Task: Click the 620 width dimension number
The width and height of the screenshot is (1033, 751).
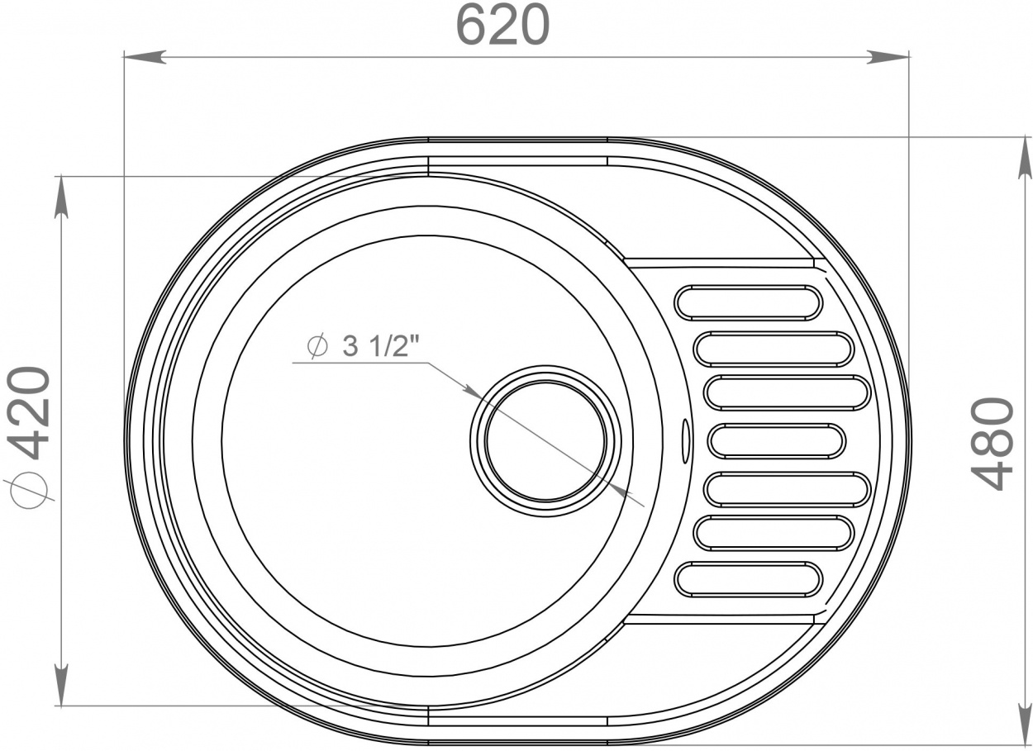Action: (x=502, y=26)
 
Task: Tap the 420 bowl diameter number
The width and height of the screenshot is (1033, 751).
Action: (x=29, y=414)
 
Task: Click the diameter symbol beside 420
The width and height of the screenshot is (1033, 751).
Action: (x=29, y=490)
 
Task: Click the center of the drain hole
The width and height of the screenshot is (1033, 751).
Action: (x=545, y=440)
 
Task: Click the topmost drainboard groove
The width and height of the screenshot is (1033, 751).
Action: (x=748, y=302)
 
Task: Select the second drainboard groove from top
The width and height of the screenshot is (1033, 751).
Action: (x=774, y=349)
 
